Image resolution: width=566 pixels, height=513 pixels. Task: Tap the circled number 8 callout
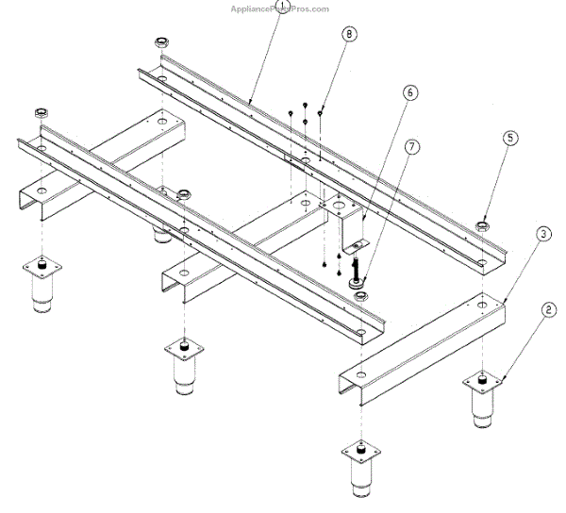tap(349, 35)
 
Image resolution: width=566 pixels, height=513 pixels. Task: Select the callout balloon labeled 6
tap(410, 93)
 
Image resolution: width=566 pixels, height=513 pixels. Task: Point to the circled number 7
tap(410, 146)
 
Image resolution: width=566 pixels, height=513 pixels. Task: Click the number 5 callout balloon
tap(509, 138)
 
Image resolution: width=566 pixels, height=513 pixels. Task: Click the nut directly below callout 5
tap(483, 225)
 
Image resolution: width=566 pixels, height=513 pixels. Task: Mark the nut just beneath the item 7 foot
tap(360, 297)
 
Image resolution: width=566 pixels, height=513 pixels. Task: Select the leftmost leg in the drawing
tap(42, 286)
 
